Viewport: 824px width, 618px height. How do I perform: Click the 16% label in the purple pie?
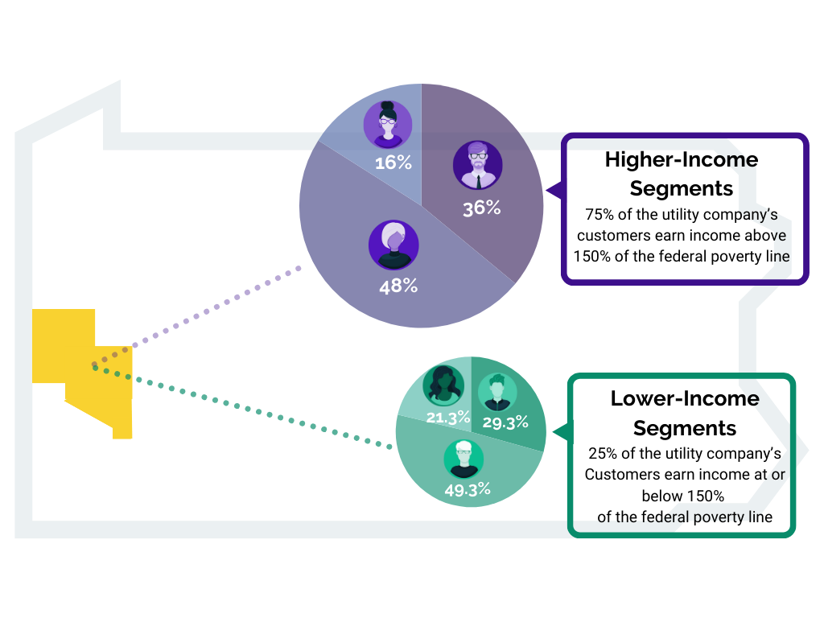393,163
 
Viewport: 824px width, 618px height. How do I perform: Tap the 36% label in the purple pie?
481,208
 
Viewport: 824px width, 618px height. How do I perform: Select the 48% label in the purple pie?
398,286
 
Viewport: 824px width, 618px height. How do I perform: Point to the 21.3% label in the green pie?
447,418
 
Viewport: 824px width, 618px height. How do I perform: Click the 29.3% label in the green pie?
505,422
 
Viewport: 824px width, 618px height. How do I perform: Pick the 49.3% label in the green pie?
467,489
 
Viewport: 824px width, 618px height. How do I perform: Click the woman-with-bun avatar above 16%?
388,125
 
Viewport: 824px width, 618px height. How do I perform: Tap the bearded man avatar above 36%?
477,166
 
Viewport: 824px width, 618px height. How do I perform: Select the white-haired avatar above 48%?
393,245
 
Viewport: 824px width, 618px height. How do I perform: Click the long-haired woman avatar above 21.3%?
443,385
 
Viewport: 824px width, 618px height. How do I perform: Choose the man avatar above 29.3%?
497,392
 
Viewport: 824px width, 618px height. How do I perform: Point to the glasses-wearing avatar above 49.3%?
463,458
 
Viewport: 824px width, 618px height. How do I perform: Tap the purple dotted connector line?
217,307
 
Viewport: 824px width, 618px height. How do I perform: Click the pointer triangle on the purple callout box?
554,191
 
